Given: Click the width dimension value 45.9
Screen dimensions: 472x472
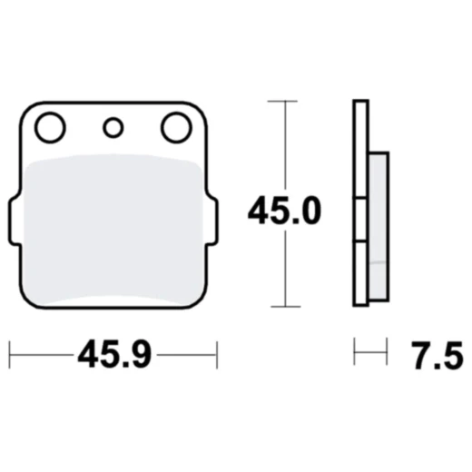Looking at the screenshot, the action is [x=114, y=354].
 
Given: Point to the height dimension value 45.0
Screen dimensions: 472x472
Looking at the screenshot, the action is [x=284, y=210].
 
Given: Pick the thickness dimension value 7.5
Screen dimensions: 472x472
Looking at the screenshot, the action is [x=437, y=355].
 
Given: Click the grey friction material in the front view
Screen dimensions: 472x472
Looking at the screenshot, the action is [x=113, y=230].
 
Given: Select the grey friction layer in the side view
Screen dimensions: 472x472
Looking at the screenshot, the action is [x=379, y=226].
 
